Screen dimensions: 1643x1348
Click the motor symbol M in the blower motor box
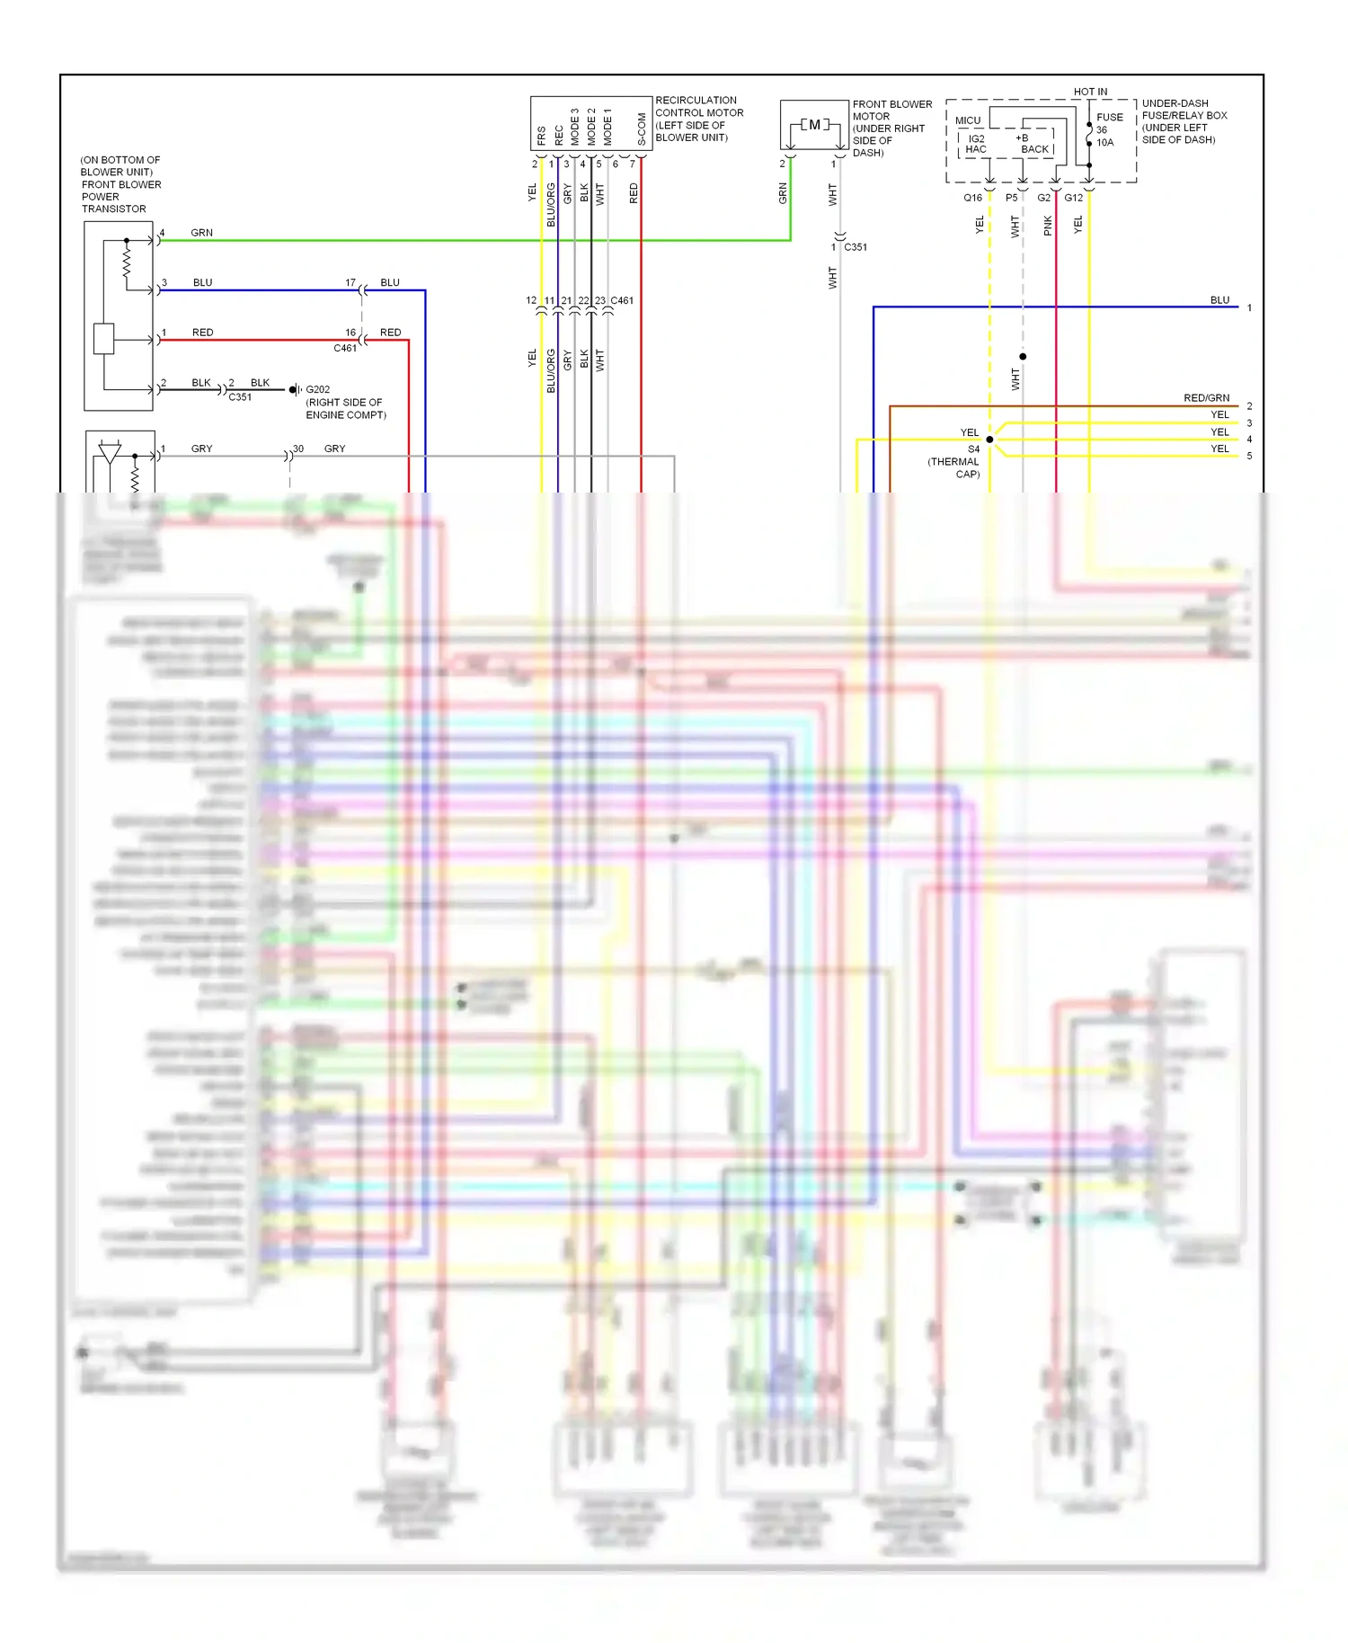pos(814,125)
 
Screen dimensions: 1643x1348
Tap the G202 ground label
pos(317,390)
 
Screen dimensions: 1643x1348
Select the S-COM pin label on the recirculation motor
pos(642,129)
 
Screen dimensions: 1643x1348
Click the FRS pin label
pos(541,136)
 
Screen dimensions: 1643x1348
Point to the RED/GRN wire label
pos(1206,398)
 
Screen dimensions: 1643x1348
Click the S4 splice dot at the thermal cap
pos(989,440)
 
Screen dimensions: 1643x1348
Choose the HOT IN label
pos(1090,92)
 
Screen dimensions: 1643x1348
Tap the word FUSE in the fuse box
pos(1110,117)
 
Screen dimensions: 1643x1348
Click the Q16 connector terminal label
pos(972,198)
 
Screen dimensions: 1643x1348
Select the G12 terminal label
pos(1074,198)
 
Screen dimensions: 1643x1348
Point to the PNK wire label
pos(1048,226)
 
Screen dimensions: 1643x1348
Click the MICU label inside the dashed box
pos(968,120)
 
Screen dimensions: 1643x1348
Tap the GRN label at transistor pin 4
pos(201,233)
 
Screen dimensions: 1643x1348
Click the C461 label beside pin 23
pos(622,300)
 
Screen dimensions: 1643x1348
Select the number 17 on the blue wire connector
pos(350,282)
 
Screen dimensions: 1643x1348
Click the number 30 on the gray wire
pos(298,448)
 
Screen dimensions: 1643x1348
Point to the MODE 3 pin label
pos(575,128)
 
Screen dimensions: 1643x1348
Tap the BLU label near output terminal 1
pos(1219,300)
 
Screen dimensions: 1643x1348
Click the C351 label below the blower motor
pos(856,247)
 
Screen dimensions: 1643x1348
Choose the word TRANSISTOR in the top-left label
pos(114,209)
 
